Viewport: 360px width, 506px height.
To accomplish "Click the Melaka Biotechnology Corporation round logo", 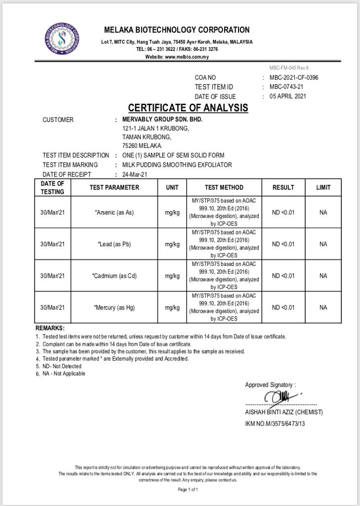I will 62,39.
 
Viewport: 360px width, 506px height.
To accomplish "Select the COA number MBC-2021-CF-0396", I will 294,78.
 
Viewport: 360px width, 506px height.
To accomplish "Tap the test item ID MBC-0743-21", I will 286,87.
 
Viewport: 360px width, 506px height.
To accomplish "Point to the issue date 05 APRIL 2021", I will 288,96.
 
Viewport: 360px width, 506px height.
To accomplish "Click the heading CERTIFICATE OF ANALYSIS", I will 188,108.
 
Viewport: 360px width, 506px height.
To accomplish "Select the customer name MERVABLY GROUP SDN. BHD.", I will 162,120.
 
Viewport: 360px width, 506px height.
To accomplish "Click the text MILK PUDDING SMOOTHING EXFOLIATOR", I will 177,165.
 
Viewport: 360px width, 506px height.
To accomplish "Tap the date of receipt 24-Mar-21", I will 135,174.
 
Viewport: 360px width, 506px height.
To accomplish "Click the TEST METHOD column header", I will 224,188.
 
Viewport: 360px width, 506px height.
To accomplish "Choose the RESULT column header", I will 283,188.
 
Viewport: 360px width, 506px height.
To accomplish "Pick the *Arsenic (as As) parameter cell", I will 114,212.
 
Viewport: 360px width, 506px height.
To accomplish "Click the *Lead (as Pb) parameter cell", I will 114,244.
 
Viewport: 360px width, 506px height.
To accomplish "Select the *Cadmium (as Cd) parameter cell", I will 114,276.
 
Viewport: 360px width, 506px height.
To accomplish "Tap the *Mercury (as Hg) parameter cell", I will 114,307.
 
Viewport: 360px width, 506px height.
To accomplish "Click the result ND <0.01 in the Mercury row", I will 283,307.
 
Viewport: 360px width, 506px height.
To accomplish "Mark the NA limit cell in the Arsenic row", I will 323,212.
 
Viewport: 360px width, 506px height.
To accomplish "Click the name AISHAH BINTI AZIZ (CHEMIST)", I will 284,412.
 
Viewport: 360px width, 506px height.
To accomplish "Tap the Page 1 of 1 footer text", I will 188,490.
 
